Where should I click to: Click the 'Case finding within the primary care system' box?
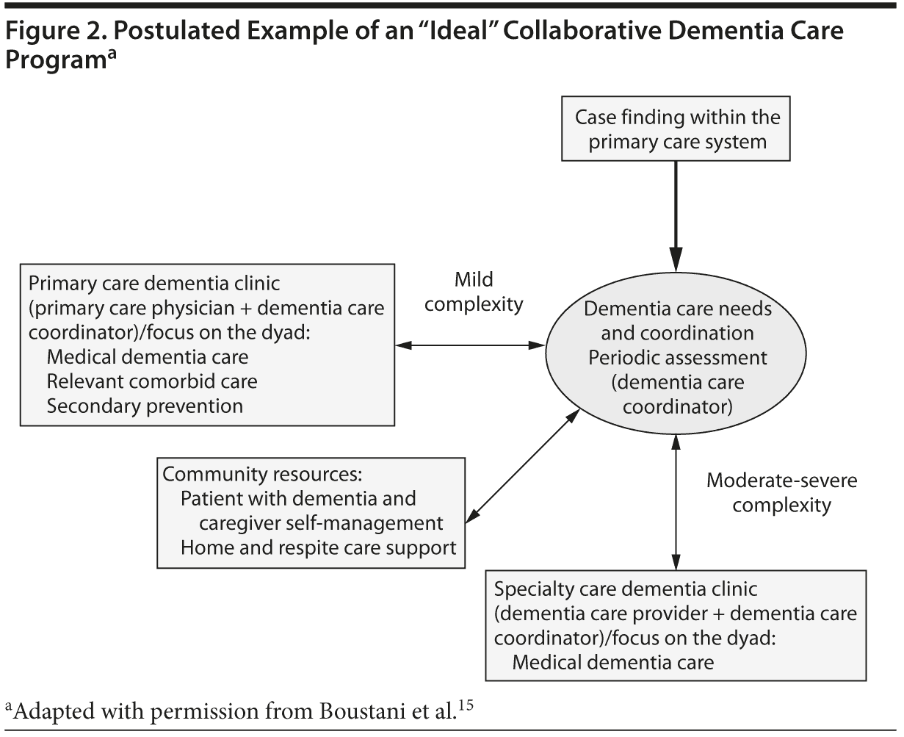tap(676, 129)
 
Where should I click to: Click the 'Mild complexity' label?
tap(474, 292)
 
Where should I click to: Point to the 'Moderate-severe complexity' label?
tap(781, 492)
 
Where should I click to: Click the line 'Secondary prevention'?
tap(145, 406)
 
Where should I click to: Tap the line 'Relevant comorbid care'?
tap(152, 381)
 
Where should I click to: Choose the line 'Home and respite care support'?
tap(319, 547)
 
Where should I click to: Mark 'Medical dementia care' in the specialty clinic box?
tap(612, 662)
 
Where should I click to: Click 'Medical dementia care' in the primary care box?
tap(148, 357)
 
